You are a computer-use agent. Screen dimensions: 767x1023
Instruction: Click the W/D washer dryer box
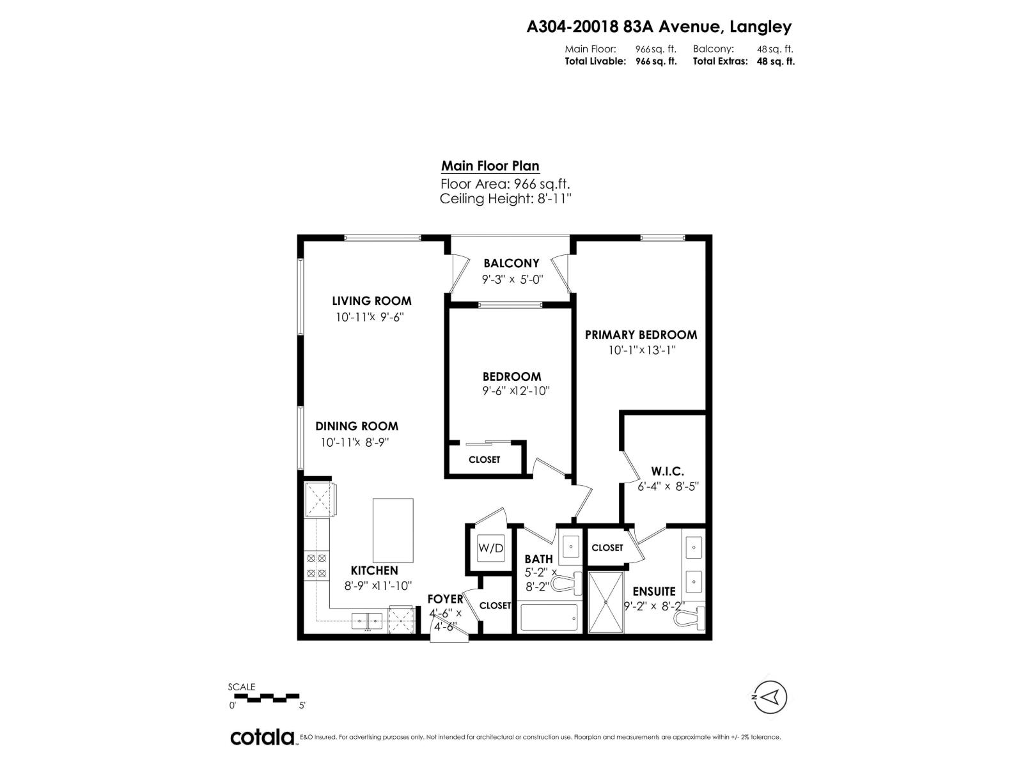click(x=490, y=548)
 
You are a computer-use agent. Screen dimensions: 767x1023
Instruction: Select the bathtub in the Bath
click(x=549, y=617)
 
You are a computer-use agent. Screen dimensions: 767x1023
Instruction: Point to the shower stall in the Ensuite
click(x=605, y=601)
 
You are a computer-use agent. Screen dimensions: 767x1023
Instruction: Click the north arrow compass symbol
click(x=770, y=697)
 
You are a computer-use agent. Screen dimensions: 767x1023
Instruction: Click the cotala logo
click(x=262, y=737)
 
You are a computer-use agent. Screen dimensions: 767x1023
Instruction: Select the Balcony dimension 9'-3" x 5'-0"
click(x=512, y=279)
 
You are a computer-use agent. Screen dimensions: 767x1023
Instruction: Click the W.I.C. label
click(x=669, y=471)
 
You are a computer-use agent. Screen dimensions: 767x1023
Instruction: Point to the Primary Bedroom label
click(x=641, y=334)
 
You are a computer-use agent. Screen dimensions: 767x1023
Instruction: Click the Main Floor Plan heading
click(x=490, y=166)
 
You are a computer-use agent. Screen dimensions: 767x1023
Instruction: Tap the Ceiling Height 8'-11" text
click(x=505, y=199)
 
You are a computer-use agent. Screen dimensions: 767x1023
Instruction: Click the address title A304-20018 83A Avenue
click(x=659, y=27)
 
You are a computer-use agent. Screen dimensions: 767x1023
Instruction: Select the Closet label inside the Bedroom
click(x=484, y=460)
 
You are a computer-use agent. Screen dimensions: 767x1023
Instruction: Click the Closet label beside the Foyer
click(x=495, y=605)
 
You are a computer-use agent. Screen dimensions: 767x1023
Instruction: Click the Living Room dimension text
click(x=371, y=317)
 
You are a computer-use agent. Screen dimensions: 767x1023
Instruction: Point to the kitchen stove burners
click(x=316, y=566)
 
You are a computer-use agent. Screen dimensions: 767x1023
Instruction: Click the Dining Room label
click(x=356, y=426)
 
